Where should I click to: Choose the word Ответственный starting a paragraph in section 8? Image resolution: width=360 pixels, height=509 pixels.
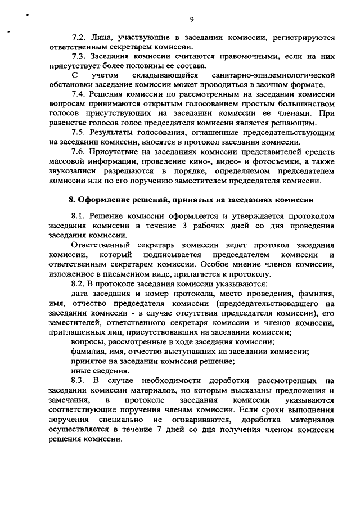pyautogui.click(x=101, y=245)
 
